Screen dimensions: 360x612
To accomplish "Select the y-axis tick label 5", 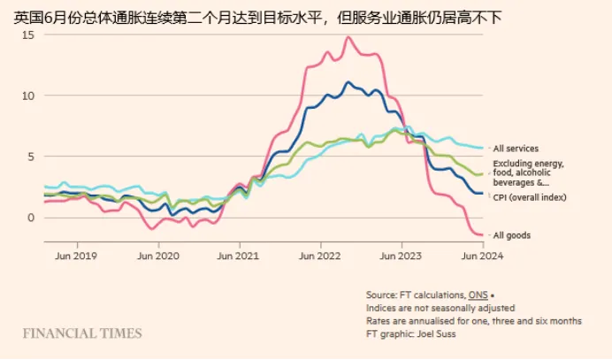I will coord(30,156).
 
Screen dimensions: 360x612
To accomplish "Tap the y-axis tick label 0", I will coord(30,217).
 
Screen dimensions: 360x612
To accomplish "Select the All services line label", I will coord(516,149).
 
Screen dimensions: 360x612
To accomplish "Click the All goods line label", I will coord(512,234).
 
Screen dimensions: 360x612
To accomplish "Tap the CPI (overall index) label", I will coord(530,197).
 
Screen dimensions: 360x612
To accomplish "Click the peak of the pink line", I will coord(348,37).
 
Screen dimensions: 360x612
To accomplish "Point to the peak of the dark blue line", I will coord(348,82).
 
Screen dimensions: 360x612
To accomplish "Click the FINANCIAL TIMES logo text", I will coord(82,333).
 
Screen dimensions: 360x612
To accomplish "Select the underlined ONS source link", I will coord(477,295).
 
